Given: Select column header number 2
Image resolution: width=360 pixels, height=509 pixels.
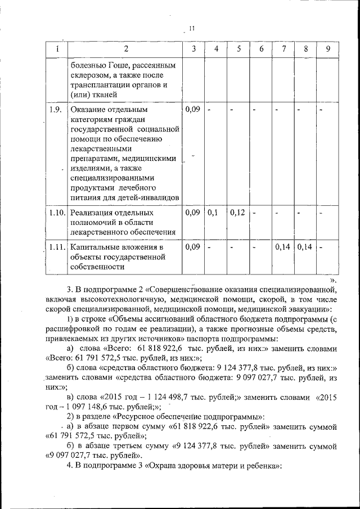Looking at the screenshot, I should [x=125, y=49].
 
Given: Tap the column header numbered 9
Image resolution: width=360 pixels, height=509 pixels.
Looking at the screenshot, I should [x=327, y=49].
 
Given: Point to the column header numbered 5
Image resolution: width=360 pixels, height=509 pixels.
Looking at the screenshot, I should [x=239, y=49].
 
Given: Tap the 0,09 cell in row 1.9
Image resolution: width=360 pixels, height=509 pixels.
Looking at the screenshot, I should [x=192, y=109].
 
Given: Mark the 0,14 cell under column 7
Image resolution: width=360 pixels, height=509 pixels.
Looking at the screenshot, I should [x=283, y=247].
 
